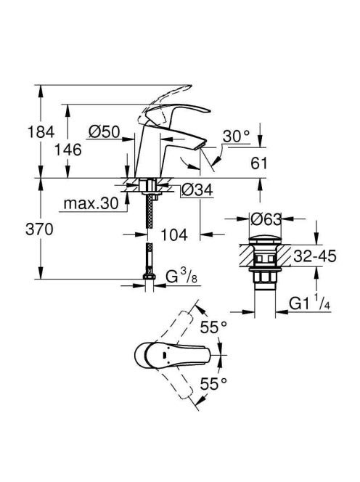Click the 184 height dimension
[x=41, y=132]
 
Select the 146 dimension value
[x=68, y=150]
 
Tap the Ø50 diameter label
[x=104, y=132]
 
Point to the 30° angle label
[x=236, y=136]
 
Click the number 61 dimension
[x=259, y=163]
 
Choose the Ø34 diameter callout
[x=197, y=189]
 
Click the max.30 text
[x=91, y=203]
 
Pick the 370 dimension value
[x=39, y=229]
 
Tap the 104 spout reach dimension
[x=174, y=235]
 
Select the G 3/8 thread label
[x=181, y=277]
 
